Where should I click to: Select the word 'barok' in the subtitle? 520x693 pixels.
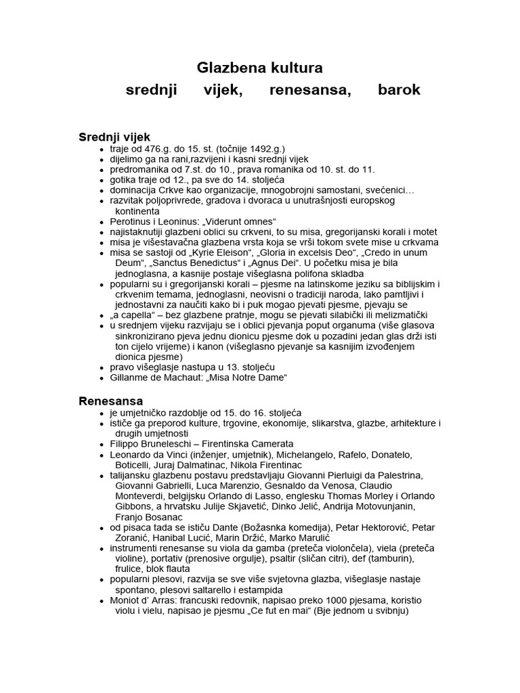coord(399,90)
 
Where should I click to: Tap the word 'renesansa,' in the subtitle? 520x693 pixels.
coord(310,90)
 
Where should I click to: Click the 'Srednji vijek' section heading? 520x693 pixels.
coord(114,137)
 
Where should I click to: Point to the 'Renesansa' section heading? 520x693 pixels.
coord(111,401)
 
